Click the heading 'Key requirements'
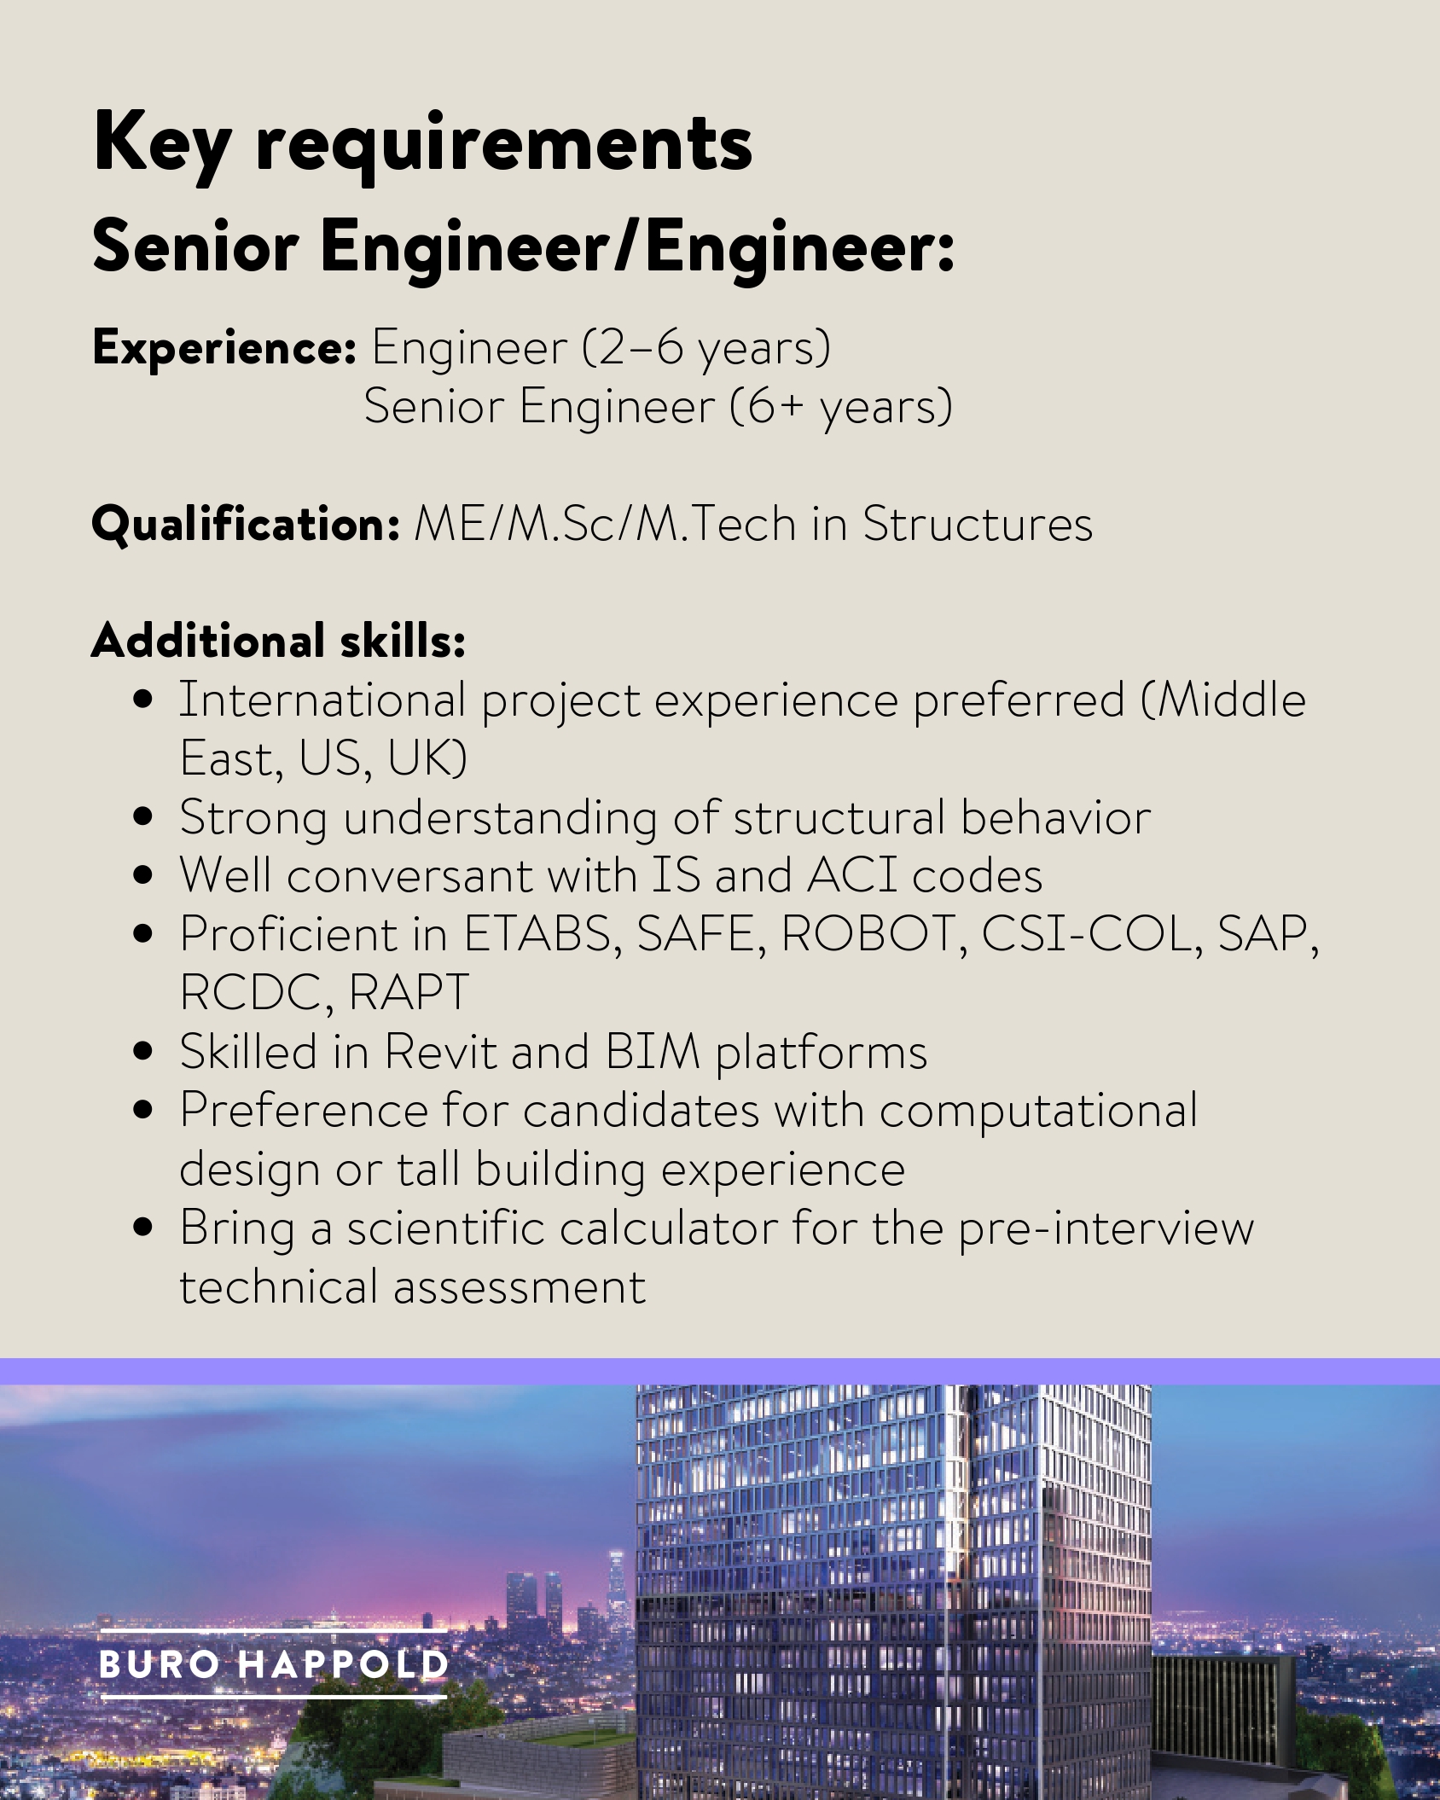click(x=422, y=143)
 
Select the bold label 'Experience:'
click(x=224, y=348)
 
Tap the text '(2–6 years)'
click(x=706, y=348)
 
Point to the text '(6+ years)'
click(x=841, y=406)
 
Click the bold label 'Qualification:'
click(x=246, y=524)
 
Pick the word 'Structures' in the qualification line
click(x=977, y=524)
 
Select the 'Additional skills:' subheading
click(x=278, y=642)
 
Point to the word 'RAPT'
click(x=409, y=992)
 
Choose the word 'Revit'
click(x=439, y=1051)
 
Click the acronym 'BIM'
click(x=653, y=1051)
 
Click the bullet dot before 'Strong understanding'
click(x=144, y=817)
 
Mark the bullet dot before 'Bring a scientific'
click(x=144, y=1228)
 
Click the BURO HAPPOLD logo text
click(x=273, y=1664)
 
